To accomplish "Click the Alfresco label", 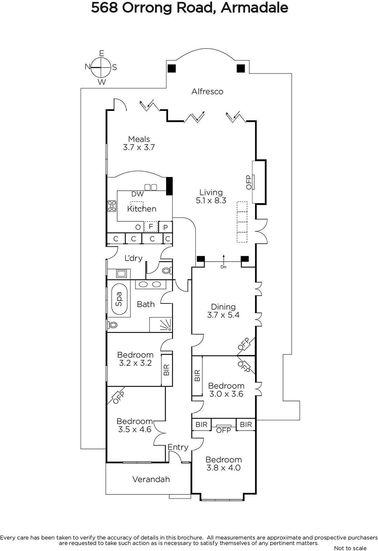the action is [x=207, y=92].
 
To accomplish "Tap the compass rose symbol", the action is [x=101, y=67].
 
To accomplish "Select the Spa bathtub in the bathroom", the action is [x=119, y=299].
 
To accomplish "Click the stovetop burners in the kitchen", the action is [x=112, y=206].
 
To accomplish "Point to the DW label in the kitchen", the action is [x=137, y=194].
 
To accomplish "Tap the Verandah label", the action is [x=151, y=479].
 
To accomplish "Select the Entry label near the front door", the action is [x=178, y=447].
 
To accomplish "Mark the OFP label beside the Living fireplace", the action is [x=249, y=182].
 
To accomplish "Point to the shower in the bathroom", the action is [x=161, y=325].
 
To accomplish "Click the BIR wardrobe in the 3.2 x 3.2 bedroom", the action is [x=167, y=370].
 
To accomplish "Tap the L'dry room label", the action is [x=133, y=258].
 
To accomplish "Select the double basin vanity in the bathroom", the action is [x=150, y=284].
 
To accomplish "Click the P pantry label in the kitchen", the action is [x=165, y=227].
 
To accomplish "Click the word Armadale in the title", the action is [x=254, y=8].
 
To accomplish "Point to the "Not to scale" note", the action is [x=350, y=548].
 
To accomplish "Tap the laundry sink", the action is [x=121, y=274].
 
